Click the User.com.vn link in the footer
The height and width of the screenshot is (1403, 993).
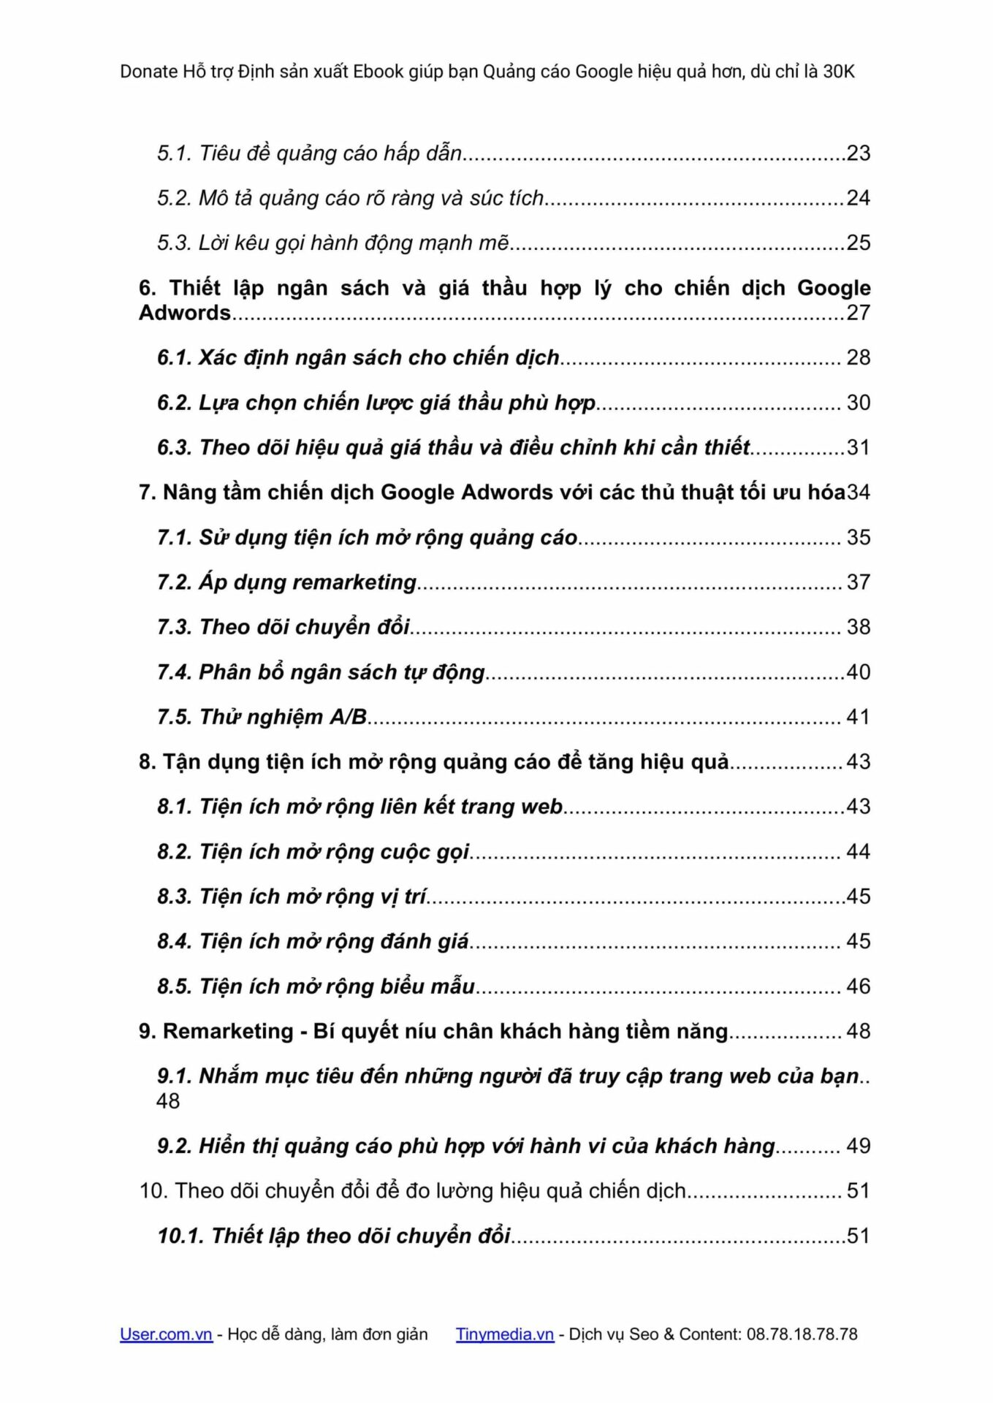166,1334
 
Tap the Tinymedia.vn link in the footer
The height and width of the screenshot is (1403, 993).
504,1334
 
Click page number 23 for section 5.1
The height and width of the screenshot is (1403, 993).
858,153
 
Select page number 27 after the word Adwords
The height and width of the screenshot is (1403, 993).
858,313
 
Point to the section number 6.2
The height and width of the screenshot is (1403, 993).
174,403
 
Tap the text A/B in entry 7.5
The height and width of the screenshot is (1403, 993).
348,717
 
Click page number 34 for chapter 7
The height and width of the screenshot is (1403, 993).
859,493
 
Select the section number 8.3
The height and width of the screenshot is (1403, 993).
174,897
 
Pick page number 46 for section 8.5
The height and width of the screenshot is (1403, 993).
858,986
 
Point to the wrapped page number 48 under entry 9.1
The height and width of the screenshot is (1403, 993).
168,1101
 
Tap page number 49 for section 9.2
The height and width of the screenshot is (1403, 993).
858,1146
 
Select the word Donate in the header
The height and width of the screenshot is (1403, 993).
148,72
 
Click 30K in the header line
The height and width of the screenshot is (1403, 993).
838,72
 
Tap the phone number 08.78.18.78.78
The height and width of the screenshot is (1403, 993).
802,1334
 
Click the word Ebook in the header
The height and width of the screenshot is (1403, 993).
378,72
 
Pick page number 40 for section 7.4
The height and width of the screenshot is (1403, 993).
858,672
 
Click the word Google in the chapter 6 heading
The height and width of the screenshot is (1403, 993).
833,288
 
